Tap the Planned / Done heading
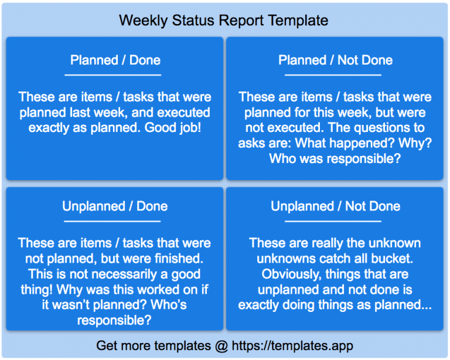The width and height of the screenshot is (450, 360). (x=115, y=60)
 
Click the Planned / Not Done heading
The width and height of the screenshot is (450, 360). (x=335, y=60)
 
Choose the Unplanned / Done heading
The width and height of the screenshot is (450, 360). (x=115, y=206)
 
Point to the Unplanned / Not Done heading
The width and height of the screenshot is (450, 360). (x=335, y=206)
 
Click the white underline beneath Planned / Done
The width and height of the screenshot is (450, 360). (x=112, y=75)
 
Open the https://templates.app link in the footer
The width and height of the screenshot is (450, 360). (x=292, y=345)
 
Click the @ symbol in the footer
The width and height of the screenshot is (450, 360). (x=221, y=345)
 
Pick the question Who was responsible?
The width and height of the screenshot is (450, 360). (x=335, y=158)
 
